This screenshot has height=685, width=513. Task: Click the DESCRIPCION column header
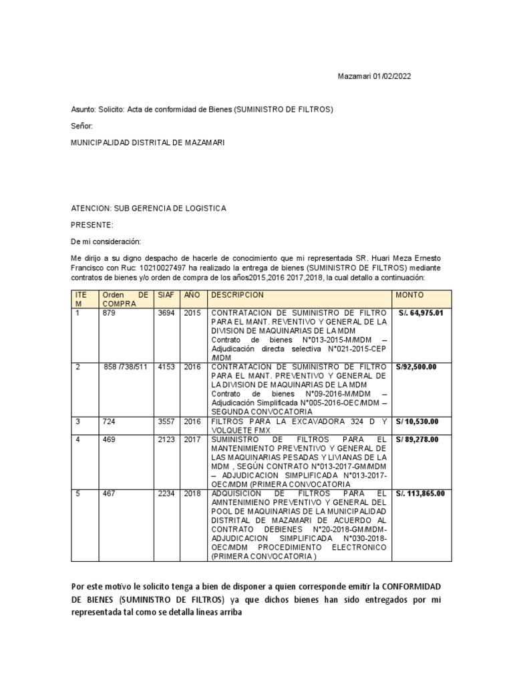(238, 295)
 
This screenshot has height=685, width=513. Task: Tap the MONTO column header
(409, 295)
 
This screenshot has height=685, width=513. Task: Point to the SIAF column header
(165, 295)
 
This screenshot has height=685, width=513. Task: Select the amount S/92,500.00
(416, 367)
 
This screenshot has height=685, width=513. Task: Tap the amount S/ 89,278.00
(417, 439)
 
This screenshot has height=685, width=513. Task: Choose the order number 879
(110, 312)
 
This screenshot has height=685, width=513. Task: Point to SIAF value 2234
(166, 494)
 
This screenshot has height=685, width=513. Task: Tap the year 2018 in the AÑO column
(192, 494)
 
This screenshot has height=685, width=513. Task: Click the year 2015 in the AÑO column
(192, 312)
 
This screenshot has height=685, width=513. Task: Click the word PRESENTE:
(92, 225)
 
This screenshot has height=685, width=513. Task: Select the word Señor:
(82, 126)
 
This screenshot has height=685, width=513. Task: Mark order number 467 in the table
(110, 494)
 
